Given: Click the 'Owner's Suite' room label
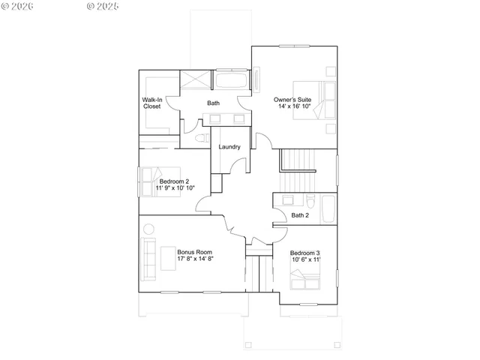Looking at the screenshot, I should [293, 98].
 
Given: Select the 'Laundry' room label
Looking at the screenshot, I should [229, 146].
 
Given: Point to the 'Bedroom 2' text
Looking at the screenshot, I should [174, 181].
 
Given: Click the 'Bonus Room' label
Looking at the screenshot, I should [195, 251].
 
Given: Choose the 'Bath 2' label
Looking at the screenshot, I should [300, 215].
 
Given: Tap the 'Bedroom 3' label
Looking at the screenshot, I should [305, 252].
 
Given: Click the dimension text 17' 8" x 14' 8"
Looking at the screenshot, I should [196, 259].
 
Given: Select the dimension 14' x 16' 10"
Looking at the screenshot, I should [295, 106].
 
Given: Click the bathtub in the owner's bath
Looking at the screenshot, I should [234, 80].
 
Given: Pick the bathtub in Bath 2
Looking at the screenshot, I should [328, 209].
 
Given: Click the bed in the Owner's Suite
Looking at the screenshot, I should [325, 100].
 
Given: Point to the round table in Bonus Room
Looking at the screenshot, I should [148, 229].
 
